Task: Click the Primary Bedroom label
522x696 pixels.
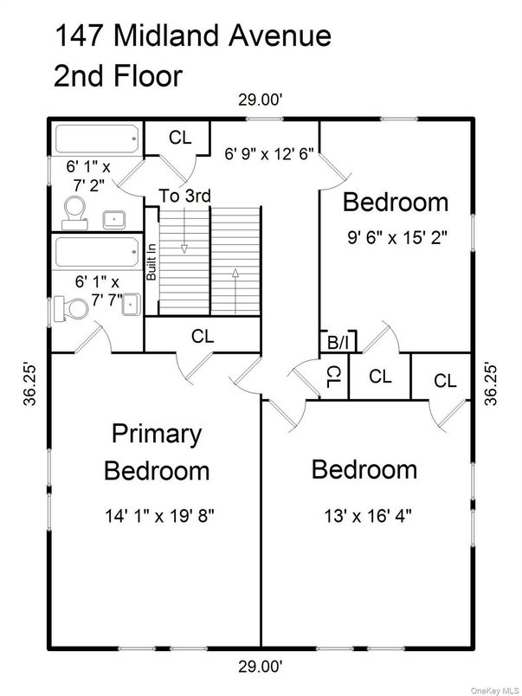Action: click(x=157, y=452)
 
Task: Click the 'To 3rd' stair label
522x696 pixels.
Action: click(x=184, y=197)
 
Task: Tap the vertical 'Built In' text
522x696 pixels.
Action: click(x=151, y=261)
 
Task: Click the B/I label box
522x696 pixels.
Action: click(x=338, y=343)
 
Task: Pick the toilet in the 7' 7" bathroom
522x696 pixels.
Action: click(x=68, y=307)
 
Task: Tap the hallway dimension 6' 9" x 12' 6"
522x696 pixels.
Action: click(x=269, y=155)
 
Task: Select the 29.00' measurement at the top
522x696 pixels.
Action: click(x=261, y=100)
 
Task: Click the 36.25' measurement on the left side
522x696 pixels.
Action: click(x=31, y=383)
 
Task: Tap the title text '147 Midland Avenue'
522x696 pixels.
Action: click(x=192, y=36)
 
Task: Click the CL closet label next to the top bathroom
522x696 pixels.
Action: click(x=180, y=137)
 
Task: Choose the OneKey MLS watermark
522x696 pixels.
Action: click(x=493, y=689)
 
